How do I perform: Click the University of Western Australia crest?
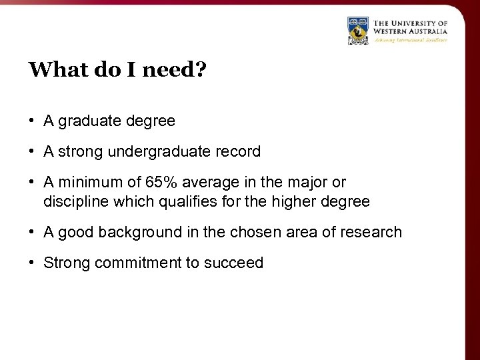(358, 31)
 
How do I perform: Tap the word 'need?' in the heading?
(175, 69)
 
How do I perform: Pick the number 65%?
(159, 183)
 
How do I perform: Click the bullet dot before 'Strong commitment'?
(32, 263)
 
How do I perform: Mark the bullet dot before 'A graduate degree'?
(32, 121)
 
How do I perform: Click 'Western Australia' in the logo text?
(409, 31)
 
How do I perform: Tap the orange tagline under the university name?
(409, 40)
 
